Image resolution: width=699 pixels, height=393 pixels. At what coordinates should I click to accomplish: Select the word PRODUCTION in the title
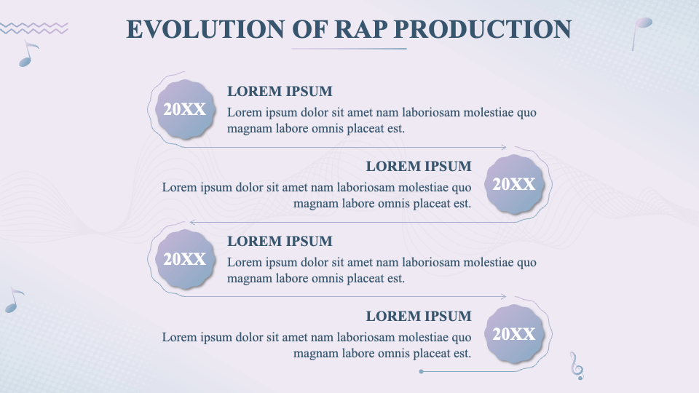pyautogui.click(x=482, y=28)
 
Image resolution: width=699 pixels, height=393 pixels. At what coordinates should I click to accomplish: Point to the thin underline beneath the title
pyautogui.click(x=349, y=49)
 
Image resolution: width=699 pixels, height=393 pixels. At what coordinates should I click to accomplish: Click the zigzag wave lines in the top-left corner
pyautogui.click(x=33, y=28)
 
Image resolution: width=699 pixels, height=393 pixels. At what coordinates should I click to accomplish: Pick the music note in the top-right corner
pyautogui.click(x=641, y=31)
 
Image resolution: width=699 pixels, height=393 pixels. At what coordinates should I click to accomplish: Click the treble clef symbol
pyautogui.click(x=577, y=365)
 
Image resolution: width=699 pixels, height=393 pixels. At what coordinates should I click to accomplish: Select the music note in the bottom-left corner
pyautogui.click(x=13, y=301)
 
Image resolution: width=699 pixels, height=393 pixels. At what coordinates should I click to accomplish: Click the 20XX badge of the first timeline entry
pyautogui.click(x=184, y=110)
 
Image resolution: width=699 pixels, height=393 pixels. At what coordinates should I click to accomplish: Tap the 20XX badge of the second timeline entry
pyautogui.click(x=514, y=185)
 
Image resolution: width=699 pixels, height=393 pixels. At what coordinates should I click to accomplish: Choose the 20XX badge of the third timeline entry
pyautogui.click(x=184, y=260)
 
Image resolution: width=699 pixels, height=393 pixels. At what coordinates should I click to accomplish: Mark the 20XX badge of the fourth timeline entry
pyautogui.click(x=514, y=335)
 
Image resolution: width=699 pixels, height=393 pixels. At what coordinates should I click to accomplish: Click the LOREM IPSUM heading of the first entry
pyautogui.click(x=280, y=92)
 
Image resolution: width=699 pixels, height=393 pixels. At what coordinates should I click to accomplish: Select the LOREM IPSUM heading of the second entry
pyautogui.click(x=419, y=167)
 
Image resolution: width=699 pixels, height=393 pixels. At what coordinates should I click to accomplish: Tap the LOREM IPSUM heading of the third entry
pyautogui.click(x=280, y=242)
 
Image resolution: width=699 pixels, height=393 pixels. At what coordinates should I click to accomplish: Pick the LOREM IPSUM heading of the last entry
pyautogui.click(x=419, y=317)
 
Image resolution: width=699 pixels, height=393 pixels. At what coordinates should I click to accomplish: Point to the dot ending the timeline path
pyautogui.click(x=422, y=372)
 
